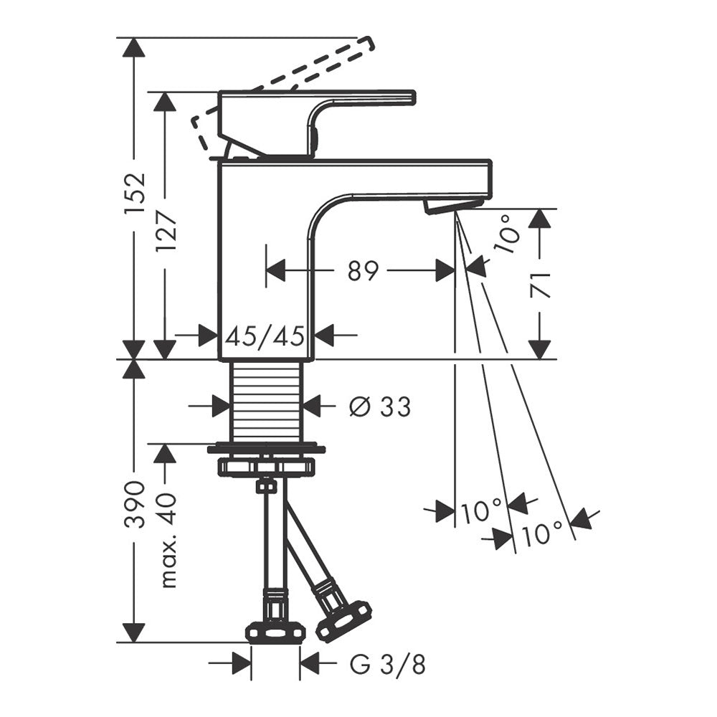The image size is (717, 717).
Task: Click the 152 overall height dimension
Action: click(x=135, y=192)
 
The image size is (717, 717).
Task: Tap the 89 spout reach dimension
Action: click(x=363, y=271)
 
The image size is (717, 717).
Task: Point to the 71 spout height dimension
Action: click(x=540, y=285)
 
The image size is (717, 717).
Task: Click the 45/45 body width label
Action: click(x=265, y=336)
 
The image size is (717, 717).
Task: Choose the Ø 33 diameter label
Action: click(x=379, y=406)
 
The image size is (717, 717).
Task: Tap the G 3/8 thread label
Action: click(x=388, y=665)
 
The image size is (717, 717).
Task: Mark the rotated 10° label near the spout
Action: click(x=508, y=234)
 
